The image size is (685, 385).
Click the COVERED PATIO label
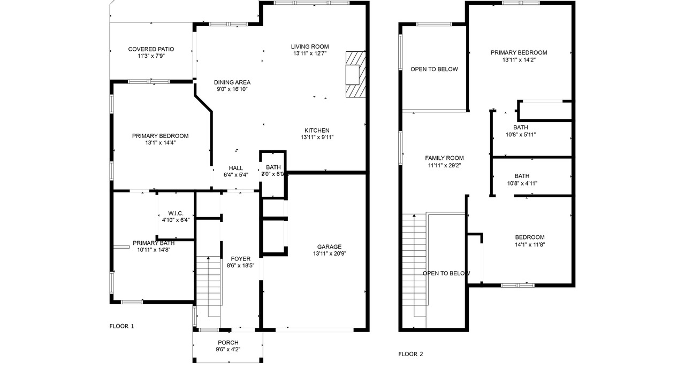point(151,49)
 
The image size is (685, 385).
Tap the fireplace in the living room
point(356,74)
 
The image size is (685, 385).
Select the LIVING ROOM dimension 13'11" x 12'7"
point(310,53)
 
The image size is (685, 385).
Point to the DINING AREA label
point(232,82)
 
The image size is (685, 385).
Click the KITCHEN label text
point(317,130)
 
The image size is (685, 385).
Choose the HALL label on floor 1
point(236,168)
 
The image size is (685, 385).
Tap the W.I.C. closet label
point(176,213)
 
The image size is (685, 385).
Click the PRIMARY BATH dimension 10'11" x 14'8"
point(154,250)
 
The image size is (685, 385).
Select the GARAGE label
point(329,247)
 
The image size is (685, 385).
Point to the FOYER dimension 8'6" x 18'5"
point(241,266)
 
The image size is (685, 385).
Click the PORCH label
point(228,343)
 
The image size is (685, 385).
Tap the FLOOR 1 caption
point(121,326)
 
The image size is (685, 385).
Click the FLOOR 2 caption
point(410,354)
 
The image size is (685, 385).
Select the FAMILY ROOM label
point(444,158)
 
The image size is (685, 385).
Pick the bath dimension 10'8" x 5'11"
point(521,134)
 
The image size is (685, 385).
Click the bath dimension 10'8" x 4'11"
point(522,183)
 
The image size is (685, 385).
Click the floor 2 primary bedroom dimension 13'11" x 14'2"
point(519,60)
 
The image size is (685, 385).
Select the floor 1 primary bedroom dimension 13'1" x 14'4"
point(160,143)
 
